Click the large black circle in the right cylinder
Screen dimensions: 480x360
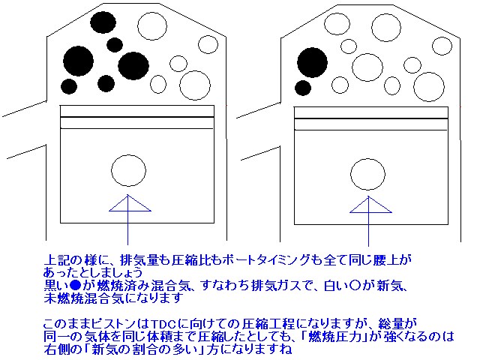(312, 63)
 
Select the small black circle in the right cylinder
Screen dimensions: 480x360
(303, 88)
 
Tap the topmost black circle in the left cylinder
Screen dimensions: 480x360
(103, 22)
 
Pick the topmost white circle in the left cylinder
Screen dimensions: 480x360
(152, 26)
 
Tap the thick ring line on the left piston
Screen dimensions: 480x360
(136, 117)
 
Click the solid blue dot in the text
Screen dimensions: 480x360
(75, 285)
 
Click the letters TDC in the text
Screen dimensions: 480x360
(163, 324)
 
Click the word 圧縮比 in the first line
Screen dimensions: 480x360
(190, 260)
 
